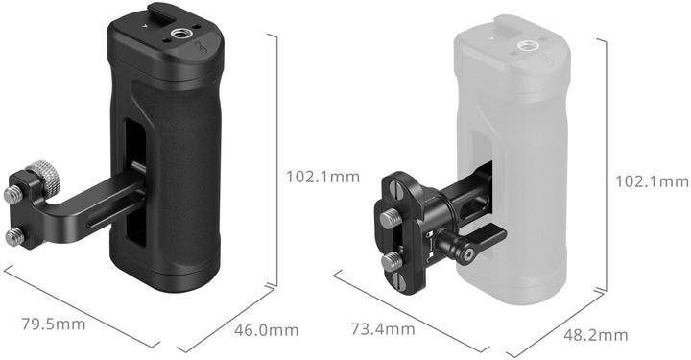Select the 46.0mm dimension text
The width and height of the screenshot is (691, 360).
(267, 331)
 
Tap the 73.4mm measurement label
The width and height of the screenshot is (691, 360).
(382, 330)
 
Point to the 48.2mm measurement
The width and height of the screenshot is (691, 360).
(595, 335)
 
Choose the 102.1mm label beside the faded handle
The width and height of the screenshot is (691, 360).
(652, 181)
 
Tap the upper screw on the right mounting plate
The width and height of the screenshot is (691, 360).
(393, 220)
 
